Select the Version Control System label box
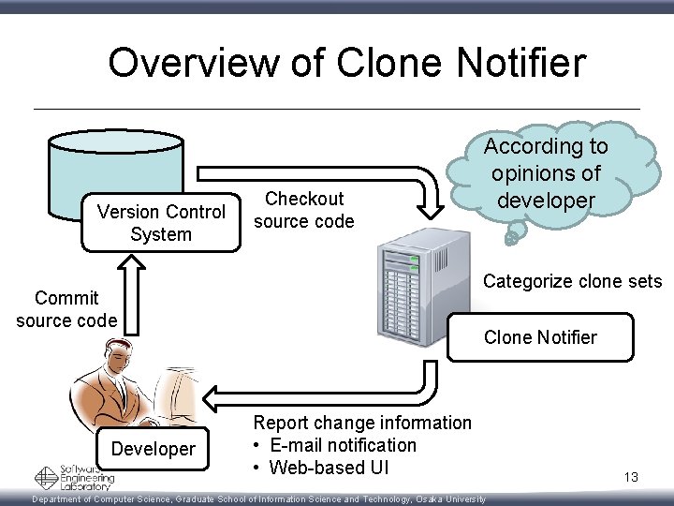click(x=161, y=223)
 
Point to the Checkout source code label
click(x=304, y=210)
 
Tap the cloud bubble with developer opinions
click(x=547, y=174)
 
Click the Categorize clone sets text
click(x=572, y=281)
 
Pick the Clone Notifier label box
click(x=540, y=337)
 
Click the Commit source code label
click(x=66, y=309)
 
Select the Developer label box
click(x=154, y=449)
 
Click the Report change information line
click(x=363, y=423)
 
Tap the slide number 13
click(x=630, y=478)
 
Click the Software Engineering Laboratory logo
click(x=75, y=478)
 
